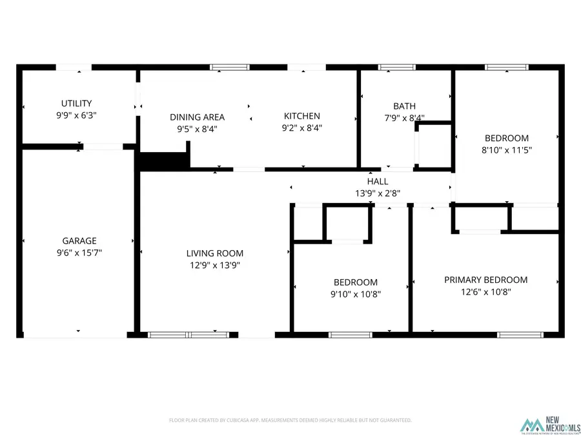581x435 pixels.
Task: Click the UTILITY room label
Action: coord(76,103)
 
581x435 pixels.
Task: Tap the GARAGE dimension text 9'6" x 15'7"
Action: coord(79,253)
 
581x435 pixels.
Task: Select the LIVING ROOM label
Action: coord(215,253)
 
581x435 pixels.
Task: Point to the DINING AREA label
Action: coord(197,117)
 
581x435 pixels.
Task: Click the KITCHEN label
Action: coord(302,116)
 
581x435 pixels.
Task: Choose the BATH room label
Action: coord(405,106)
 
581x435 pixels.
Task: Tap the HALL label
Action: coord(378,182)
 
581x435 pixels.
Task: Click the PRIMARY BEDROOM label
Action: coord(485,280)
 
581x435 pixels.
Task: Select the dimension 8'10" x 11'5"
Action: coord(507,150)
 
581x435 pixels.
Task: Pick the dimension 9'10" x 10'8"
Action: coord(356,294)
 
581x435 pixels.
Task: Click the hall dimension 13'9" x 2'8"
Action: coord(378,193)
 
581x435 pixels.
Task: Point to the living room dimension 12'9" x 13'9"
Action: coord(215,265)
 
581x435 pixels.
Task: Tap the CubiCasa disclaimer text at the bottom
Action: coord(290,420)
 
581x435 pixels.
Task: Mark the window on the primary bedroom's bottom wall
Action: coord(516,334)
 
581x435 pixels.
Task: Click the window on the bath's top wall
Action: coord(397,66)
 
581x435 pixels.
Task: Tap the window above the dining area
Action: coord(230,66)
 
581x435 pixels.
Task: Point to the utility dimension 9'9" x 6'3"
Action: coord(76,115)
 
